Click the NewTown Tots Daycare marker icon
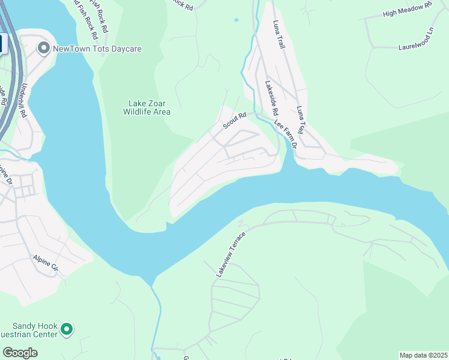(43, 48)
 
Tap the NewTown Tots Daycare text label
(97, 49)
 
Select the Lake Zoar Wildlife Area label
(147, 107)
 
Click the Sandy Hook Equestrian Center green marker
(67, 329)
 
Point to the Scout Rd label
(235, 121)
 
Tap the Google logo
(20, 353)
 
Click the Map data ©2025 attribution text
(424, 355)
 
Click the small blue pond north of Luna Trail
(237, 20)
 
